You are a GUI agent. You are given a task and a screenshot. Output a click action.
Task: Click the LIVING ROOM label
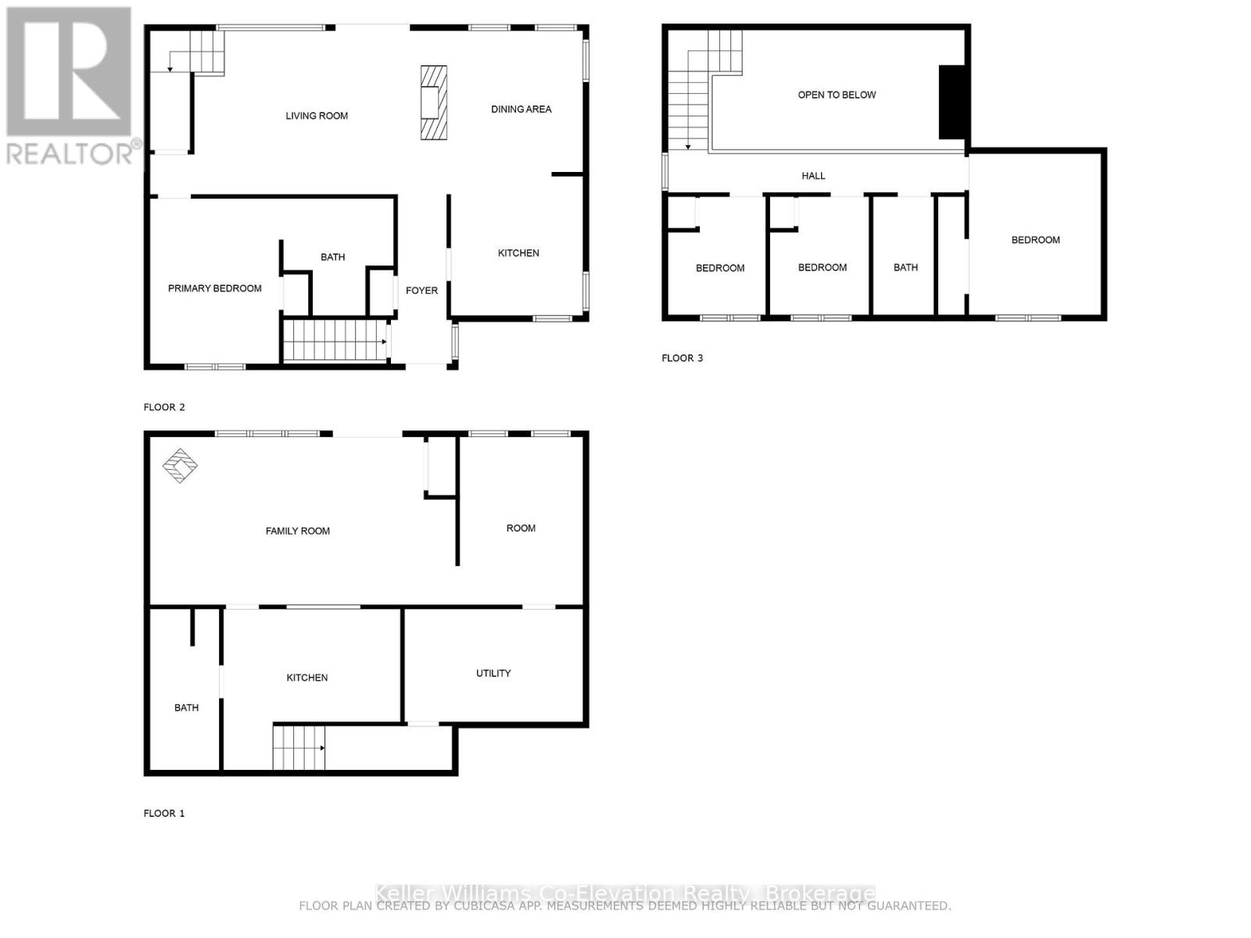(317, 116)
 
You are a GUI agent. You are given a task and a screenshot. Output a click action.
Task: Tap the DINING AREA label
(521, 109)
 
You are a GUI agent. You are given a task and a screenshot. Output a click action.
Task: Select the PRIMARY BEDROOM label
(214, 288)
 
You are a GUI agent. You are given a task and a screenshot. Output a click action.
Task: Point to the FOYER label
(421, 291)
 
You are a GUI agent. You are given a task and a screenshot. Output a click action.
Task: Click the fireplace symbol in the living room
(434, 102)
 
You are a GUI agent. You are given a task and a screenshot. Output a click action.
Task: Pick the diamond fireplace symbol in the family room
(180, 466)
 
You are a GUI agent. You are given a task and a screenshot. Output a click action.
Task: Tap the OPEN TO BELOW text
(837, 95)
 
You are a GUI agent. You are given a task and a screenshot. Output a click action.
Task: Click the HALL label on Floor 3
(813, 176)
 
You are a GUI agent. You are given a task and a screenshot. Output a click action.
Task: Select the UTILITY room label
(493, 673)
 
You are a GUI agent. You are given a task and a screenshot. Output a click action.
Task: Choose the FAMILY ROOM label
(297, 531)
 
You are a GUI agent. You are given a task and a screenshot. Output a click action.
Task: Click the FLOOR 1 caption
(164, 813)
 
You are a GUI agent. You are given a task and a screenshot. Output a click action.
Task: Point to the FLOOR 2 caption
(164, 407)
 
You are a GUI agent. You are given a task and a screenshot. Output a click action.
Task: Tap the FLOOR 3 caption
(682, 358)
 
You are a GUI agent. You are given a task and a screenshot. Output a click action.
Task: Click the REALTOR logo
(70, 86)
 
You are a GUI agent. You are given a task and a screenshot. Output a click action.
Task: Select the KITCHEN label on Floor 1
(306, 678)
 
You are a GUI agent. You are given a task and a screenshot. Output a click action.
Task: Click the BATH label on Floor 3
(905, 267)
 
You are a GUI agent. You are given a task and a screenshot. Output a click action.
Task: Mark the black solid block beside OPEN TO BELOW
(952, 102)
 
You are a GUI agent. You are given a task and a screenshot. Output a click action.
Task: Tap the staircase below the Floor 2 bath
(335, 340)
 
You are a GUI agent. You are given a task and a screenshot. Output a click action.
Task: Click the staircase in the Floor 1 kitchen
(298, 747)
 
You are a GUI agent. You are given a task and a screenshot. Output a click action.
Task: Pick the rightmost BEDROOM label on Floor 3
(1035, 240)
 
